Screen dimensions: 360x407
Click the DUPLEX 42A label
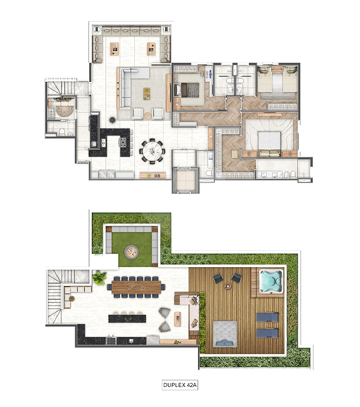pyautogui.click(x=180, y=385)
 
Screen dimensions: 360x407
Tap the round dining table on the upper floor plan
pyautogui.click(x=152, y=151)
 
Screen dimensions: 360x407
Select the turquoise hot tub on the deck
pyautogui.click(x=271, y=281)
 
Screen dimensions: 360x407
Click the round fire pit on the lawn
pyautogui.click(x=132, y=252)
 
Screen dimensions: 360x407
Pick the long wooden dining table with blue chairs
pyautogui.click(x=136, y=287)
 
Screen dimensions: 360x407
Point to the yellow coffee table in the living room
pyautogui.click(x=147, y=94)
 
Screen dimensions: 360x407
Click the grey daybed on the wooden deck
pyautogui.click(x=225, y=334)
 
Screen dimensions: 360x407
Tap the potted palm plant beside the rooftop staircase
pyautogui.click(x=99, y=277)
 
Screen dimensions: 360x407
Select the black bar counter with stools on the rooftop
pyautogui.click(x=127, y=318)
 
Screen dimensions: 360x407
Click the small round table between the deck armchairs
pyautogui.click(x=228, y=286)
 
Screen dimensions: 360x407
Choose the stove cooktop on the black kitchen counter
pyautogui.click(x=123, y=142)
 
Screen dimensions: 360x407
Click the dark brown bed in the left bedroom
pyautogui.click(x=189, y=90)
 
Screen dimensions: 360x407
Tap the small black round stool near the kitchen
pyautogui.click(x=112, y=120)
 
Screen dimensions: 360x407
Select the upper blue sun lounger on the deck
pyautogui.click(x=268, y=317)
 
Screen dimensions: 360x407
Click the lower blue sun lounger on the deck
pyautogui.click(x=268, y=333)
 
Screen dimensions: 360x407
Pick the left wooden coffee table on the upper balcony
pyautogui.click(x=114, y=49)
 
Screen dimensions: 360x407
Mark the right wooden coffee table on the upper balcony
pyautogui.click(x=151, y=49)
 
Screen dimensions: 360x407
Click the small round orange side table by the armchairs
pyautogui.click(x=148, y=116)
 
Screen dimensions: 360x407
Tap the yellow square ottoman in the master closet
pyautogui.click(x=235, y=154)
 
